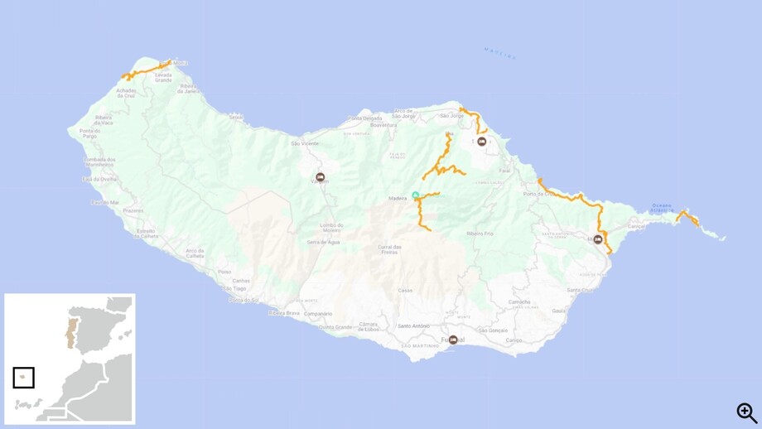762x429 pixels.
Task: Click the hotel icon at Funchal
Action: (453, 340)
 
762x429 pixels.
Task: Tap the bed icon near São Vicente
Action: (321, 177)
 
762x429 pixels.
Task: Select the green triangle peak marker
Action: (416, 195)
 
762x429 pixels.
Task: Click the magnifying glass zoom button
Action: (747, 412)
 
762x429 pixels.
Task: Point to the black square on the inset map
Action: (23, 377)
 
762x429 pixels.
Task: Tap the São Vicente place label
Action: (304, 143)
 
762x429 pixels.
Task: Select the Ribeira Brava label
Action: (282, 313)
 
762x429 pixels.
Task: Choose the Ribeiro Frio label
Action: (480, 234)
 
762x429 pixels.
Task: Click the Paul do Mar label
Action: (105, 202)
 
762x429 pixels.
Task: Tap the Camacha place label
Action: (519, 302)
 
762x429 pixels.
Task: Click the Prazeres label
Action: (133, 211)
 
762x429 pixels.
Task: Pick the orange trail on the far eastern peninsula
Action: (687, 218)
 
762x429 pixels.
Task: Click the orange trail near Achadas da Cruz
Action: (146, 71)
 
